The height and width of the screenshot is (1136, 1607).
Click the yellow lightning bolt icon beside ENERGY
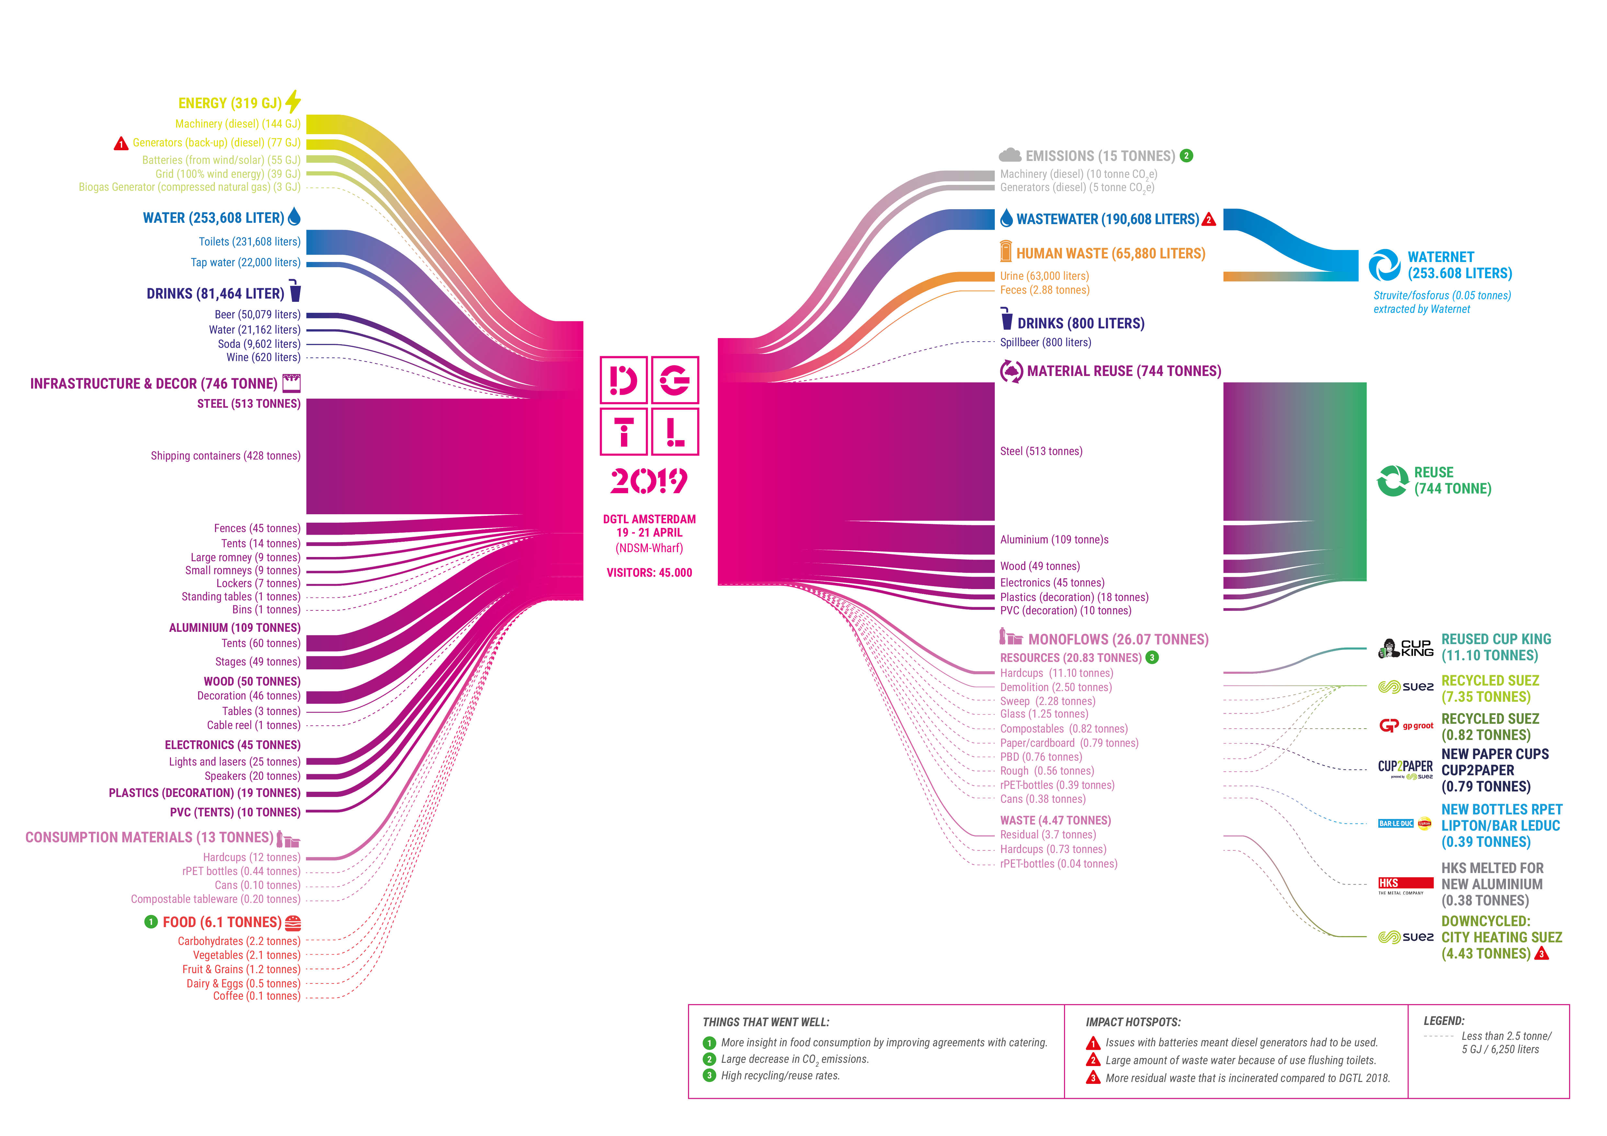point(293,101)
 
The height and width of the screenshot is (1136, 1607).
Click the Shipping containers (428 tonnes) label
point(225,456)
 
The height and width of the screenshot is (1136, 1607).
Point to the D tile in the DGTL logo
point(624,380)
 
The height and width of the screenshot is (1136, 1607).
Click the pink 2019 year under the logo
point(649,481)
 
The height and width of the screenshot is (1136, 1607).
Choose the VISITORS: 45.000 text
point(649,573)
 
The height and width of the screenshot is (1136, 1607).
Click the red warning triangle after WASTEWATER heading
point(1209,220)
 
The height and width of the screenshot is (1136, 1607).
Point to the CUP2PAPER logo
point(1406,769)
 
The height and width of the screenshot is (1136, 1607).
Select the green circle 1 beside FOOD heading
point(151,922)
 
